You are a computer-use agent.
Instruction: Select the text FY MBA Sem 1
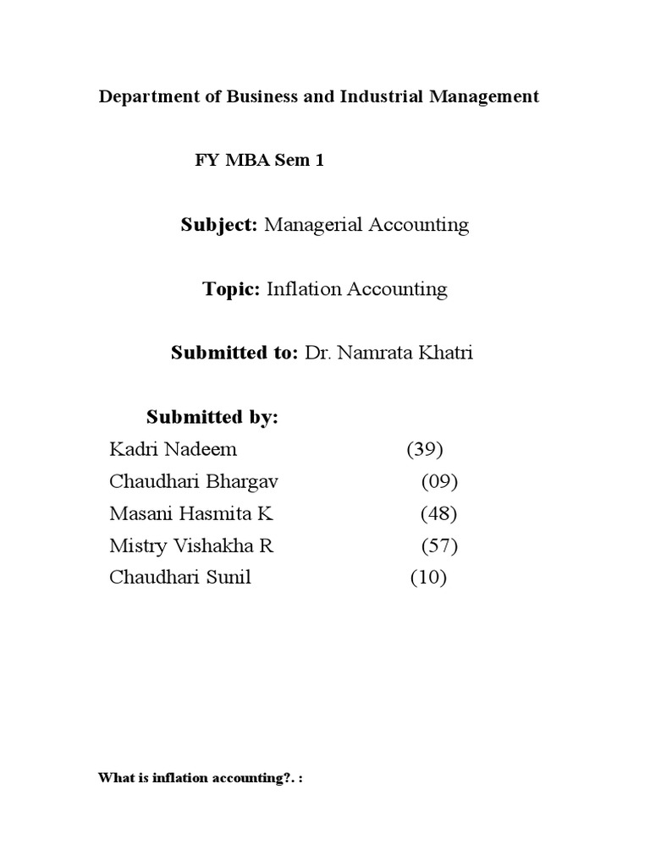pyautogui.click(x=260, y=162)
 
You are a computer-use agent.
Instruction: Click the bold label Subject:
pyautogui.click(x=219, y=225)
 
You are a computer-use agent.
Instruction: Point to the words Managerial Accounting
pyautogui.click(x=366, y=225)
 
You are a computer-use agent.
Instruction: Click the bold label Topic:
pyautogui.click(x=231, y=289)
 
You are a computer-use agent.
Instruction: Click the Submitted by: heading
pyautogui.click(x=212, y=417)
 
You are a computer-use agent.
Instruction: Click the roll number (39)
pyautogui.click(x=425, y=450)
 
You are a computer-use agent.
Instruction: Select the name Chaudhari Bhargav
pyautogui.click(x=194, y=482)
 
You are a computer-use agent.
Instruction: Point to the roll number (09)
pyautogui.click(x=439, y=482)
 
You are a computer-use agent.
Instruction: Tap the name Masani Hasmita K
pyautogui.click(x=192, y=514)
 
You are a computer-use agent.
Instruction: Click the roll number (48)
pyautogui.click(x=439, y=514)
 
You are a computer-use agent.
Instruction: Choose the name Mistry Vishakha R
pyautogui.click(x=192, y=546)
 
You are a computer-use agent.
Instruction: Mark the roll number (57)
pyautogui.click(x=439, y=546)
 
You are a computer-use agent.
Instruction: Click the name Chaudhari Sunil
pyautogui.click(x=180, y=578)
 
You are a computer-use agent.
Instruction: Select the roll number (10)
pyautogui.click(x=428, y=578)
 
